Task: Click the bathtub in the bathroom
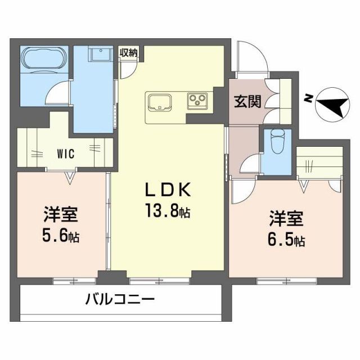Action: (x=44, y=59)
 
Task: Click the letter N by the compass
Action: (x=308, y=98)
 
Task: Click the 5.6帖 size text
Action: (x=61, y=236)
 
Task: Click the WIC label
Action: (x=66, y=151)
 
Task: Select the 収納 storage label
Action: (x=128, y=53)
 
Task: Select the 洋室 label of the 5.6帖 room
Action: (x=61, y=215)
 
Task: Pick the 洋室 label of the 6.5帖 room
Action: (x=287, y=218)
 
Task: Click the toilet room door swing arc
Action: (x=250, y=164)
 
